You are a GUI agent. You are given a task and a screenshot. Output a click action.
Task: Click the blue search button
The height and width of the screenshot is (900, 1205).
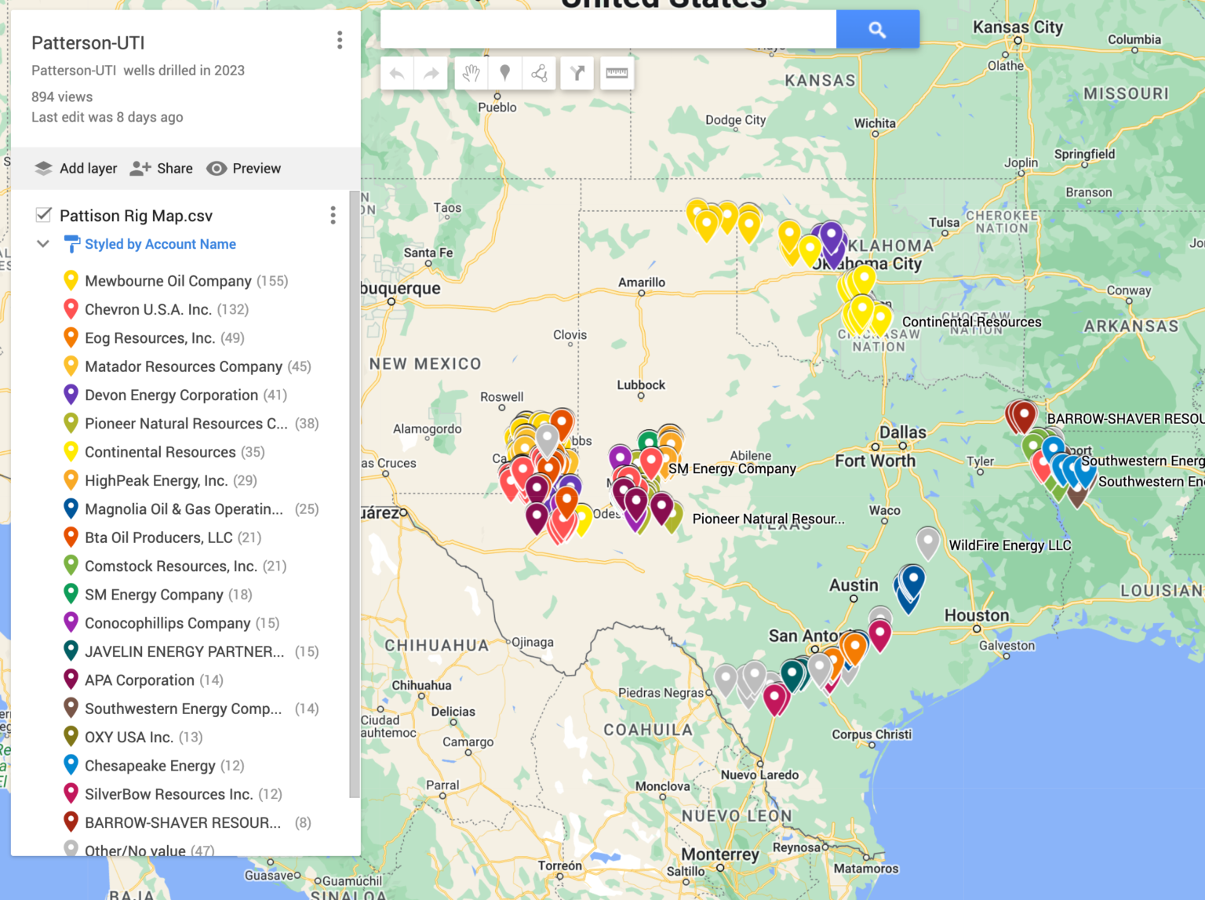[x=877, y=30]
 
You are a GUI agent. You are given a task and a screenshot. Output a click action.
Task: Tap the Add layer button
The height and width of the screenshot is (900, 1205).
[x=77, y=169]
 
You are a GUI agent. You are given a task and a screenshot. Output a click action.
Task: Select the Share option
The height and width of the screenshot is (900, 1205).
[x=162, y=169]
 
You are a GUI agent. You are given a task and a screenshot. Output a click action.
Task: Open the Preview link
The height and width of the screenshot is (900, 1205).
[x=244, y=169]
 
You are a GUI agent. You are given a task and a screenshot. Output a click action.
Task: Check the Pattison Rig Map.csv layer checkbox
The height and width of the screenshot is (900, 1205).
[x=44, y=215]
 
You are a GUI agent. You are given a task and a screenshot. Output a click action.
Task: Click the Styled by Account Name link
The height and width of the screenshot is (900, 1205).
[x=160, y=244]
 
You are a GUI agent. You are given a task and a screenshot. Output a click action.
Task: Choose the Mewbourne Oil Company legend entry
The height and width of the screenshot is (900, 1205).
[x=168, y=281]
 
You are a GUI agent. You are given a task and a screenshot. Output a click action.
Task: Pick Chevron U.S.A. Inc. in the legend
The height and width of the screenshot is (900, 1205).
[x=147, y=310]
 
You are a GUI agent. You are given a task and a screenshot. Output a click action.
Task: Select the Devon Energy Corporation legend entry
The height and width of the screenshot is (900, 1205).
[x=171, y=395]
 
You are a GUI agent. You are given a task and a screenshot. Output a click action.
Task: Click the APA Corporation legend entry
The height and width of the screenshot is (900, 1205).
[x=140, y=680]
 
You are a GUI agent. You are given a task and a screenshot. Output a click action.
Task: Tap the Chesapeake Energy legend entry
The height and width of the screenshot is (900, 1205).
[x=150, y=766]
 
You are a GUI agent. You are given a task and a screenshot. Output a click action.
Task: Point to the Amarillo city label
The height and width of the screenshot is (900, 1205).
[x=642, y=282]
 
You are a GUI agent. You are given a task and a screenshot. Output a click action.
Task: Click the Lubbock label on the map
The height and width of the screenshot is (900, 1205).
[x=641, y=385]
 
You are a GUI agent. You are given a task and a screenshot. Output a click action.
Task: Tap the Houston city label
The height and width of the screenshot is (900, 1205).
[x=977, y=616]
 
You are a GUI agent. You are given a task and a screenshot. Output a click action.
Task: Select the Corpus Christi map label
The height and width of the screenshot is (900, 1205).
[x=872, y=734]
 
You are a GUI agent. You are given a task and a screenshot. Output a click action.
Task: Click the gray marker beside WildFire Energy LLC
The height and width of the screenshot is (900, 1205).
[x=928, y=541]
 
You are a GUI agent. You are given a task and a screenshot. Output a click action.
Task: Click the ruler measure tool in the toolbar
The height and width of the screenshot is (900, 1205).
[x=617, y=73]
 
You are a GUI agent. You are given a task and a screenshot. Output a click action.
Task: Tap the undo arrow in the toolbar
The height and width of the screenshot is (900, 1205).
[x=397, y=74]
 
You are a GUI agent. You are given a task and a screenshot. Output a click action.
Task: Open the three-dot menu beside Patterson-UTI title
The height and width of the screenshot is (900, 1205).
[x=340, y=40]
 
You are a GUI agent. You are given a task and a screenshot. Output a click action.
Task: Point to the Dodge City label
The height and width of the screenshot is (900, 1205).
[x=735, y=120]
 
